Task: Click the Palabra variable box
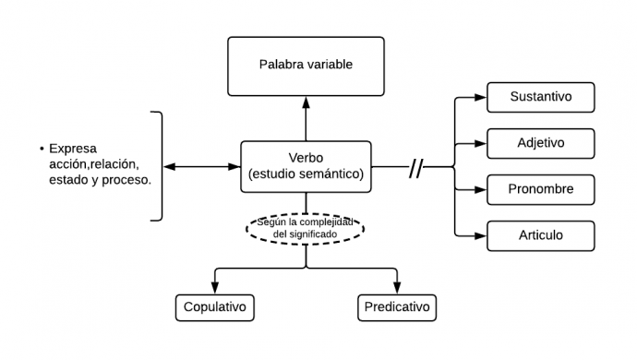305,66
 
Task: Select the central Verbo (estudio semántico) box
306,166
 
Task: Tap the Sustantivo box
540,97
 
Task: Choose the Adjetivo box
540,143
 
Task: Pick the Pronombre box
540,189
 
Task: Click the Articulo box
540,235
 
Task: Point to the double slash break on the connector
416,167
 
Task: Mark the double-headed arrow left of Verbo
201,167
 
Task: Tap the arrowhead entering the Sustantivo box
483,97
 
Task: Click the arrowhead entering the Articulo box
483,235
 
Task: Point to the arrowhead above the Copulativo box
214,288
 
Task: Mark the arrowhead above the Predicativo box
396,288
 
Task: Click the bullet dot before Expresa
41,150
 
